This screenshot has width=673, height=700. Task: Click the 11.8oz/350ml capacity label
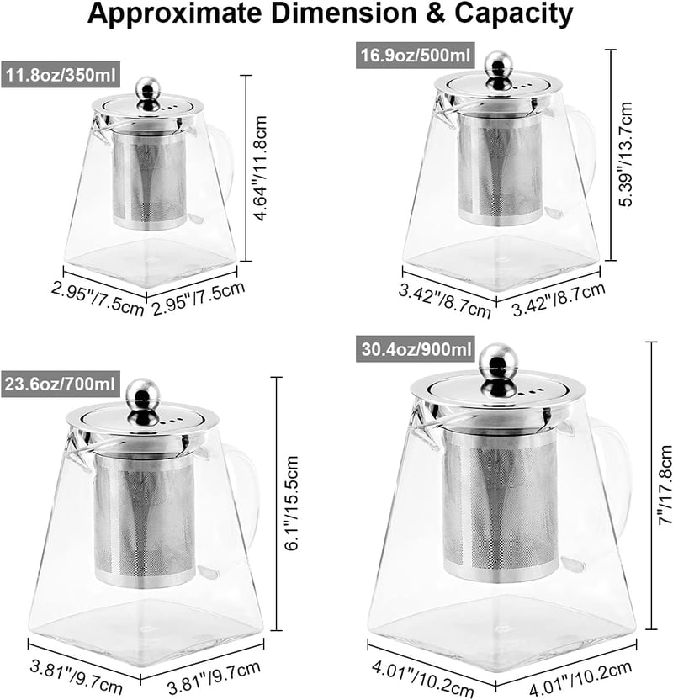click(61, 74)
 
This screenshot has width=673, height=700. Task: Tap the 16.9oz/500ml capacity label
click(415, 56)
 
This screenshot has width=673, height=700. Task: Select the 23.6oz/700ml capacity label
click(61, 384)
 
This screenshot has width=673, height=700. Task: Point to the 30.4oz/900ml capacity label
click(415, 348)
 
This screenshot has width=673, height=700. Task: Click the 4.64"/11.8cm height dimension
click(260, 168)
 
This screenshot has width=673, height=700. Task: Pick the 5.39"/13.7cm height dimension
click(625, 154)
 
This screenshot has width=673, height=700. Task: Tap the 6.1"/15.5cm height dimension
click(291, 503)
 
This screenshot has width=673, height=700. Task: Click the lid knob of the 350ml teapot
click(148, 93)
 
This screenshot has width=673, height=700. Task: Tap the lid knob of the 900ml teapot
click(498, 369)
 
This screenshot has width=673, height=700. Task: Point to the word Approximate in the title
click(174, 14)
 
